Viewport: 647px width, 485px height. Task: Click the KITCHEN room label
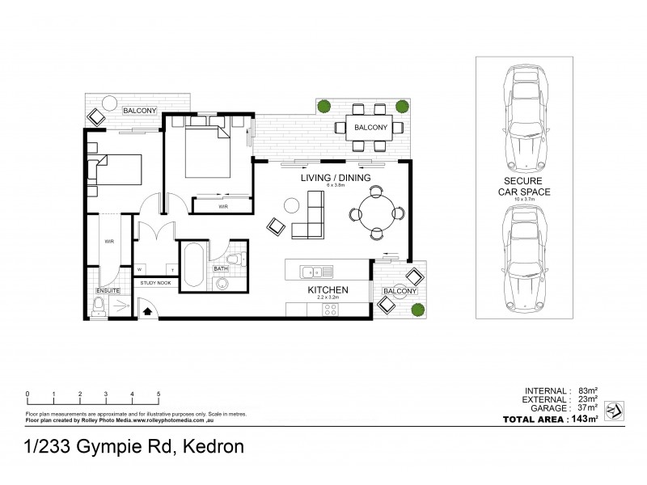328,289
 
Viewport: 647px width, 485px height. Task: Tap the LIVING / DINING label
335,177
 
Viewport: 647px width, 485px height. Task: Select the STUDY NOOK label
154,283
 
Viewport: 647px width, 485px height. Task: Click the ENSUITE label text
108,289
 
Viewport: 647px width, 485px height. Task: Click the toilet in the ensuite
99,306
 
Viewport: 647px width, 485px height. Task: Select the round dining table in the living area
376,213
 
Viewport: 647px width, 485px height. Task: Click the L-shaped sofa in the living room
308,223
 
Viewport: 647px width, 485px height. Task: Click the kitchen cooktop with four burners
330,308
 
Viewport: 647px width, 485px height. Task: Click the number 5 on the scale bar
159,394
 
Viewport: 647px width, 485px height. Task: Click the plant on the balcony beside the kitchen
418,309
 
